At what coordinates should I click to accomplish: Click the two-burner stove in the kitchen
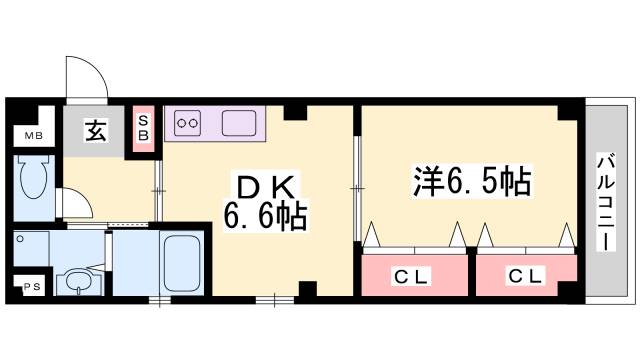[188, 124]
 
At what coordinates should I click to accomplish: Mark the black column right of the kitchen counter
[293, 111]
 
